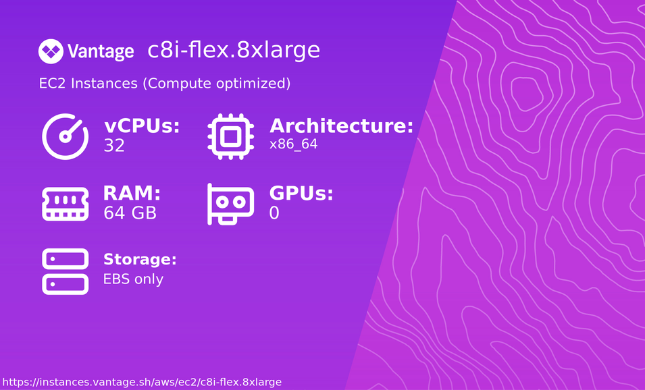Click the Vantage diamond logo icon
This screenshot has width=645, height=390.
(51, 51)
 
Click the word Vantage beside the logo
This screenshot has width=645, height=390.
(101, 51)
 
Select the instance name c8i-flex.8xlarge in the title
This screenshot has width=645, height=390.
(233, 50)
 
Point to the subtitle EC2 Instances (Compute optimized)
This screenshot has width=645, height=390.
(165, 84)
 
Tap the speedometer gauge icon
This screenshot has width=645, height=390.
(66, 136)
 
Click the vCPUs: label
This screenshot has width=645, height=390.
(142, 126)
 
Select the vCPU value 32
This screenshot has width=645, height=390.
(114, 146)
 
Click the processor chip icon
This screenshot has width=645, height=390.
(230, 136)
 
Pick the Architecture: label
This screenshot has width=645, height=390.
(341, 126)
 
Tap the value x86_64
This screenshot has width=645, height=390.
(293, 144)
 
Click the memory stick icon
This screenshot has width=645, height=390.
(66, 204)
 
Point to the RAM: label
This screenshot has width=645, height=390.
(132, 194)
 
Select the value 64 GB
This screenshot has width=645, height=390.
(130, 213)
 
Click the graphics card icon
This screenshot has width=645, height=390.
(230, 204)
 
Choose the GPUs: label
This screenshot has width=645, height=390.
(301, 194)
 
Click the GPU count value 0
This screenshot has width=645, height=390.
(274, 213)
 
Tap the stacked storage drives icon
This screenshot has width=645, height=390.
(66, 271)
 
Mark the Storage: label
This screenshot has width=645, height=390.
(140, 260)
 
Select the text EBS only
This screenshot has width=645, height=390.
(133, 279)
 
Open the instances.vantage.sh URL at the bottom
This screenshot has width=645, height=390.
(142, 382)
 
